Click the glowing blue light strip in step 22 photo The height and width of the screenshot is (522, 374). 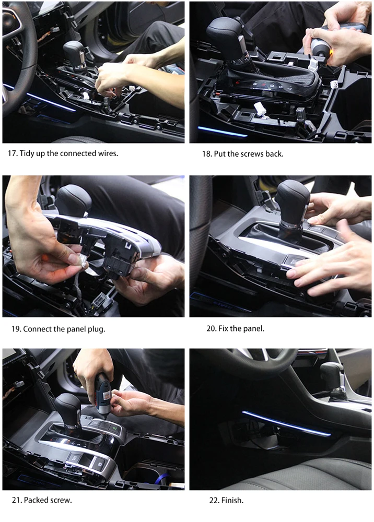point(286,423)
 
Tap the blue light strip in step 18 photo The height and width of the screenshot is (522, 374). point(223,132)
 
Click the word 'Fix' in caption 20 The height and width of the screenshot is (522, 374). point(223,328)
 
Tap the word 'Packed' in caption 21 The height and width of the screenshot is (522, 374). point(36,500)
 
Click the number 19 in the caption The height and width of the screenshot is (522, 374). point(16,329)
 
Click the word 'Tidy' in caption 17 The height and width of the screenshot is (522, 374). point(27,153)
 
